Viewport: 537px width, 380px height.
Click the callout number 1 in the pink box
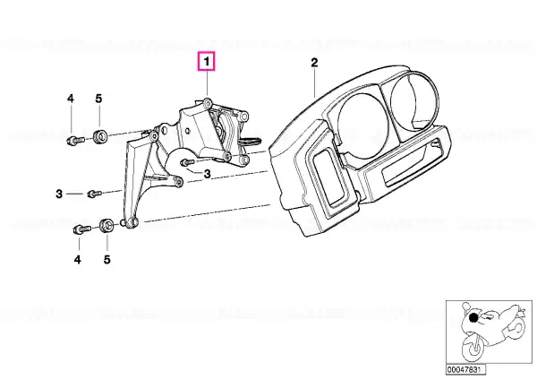(206, 62)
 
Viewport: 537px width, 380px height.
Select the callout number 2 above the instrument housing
(314, 63)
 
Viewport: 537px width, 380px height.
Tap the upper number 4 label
(70, 99)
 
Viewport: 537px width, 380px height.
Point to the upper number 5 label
(98, 99)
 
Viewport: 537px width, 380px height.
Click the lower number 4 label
(78, 260)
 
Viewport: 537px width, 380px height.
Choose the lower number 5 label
(107, 260)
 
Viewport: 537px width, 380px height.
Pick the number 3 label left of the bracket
(59, 194)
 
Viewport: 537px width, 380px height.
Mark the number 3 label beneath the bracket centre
(208, 174)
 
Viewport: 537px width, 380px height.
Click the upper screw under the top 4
(75, 141)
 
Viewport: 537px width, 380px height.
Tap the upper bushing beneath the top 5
(99, 136)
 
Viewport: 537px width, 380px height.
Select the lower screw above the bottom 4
(81, 229)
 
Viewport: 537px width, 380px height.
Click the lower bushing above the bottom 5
(107, 225)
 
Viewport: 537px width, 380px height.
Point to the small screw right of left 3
(94, 194)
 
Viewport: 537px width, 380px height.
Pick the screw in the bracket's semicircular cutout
(187, 161)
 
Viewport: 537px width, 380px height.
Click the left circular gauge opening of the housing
(362, 123)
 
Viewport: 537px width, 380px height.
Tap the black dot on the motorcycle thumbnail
(473, 318)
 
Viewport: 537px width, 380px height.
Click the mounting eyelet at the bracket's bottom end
(132, 223)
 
